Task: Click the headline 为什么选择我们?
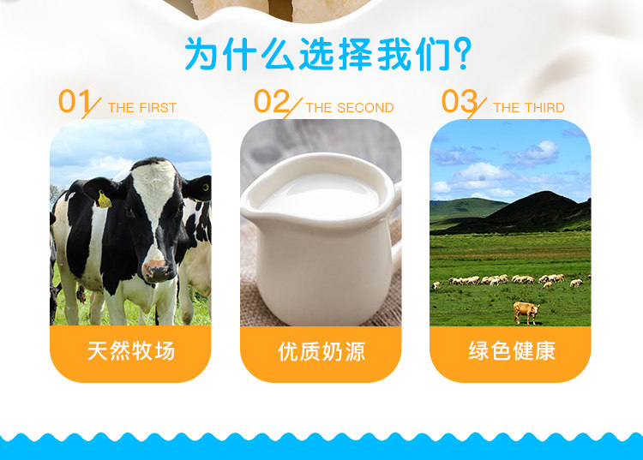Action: [328, 54]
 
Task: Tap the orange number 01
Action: [74, 101]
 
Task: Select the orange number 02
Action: [272, 101]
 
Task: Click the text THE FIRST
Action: [142, 108]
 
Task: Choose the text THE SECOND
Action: [350, 108]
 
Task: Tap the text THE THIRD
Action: [529, 108]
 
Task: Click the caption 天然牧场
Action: [131, 351]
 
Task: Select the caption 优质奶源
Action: [321, 351]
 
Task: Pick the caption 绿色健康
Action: [512, 351]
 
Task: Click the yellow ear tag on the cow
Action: [104, 200]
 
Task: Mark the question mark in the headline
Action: [463, 54]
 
